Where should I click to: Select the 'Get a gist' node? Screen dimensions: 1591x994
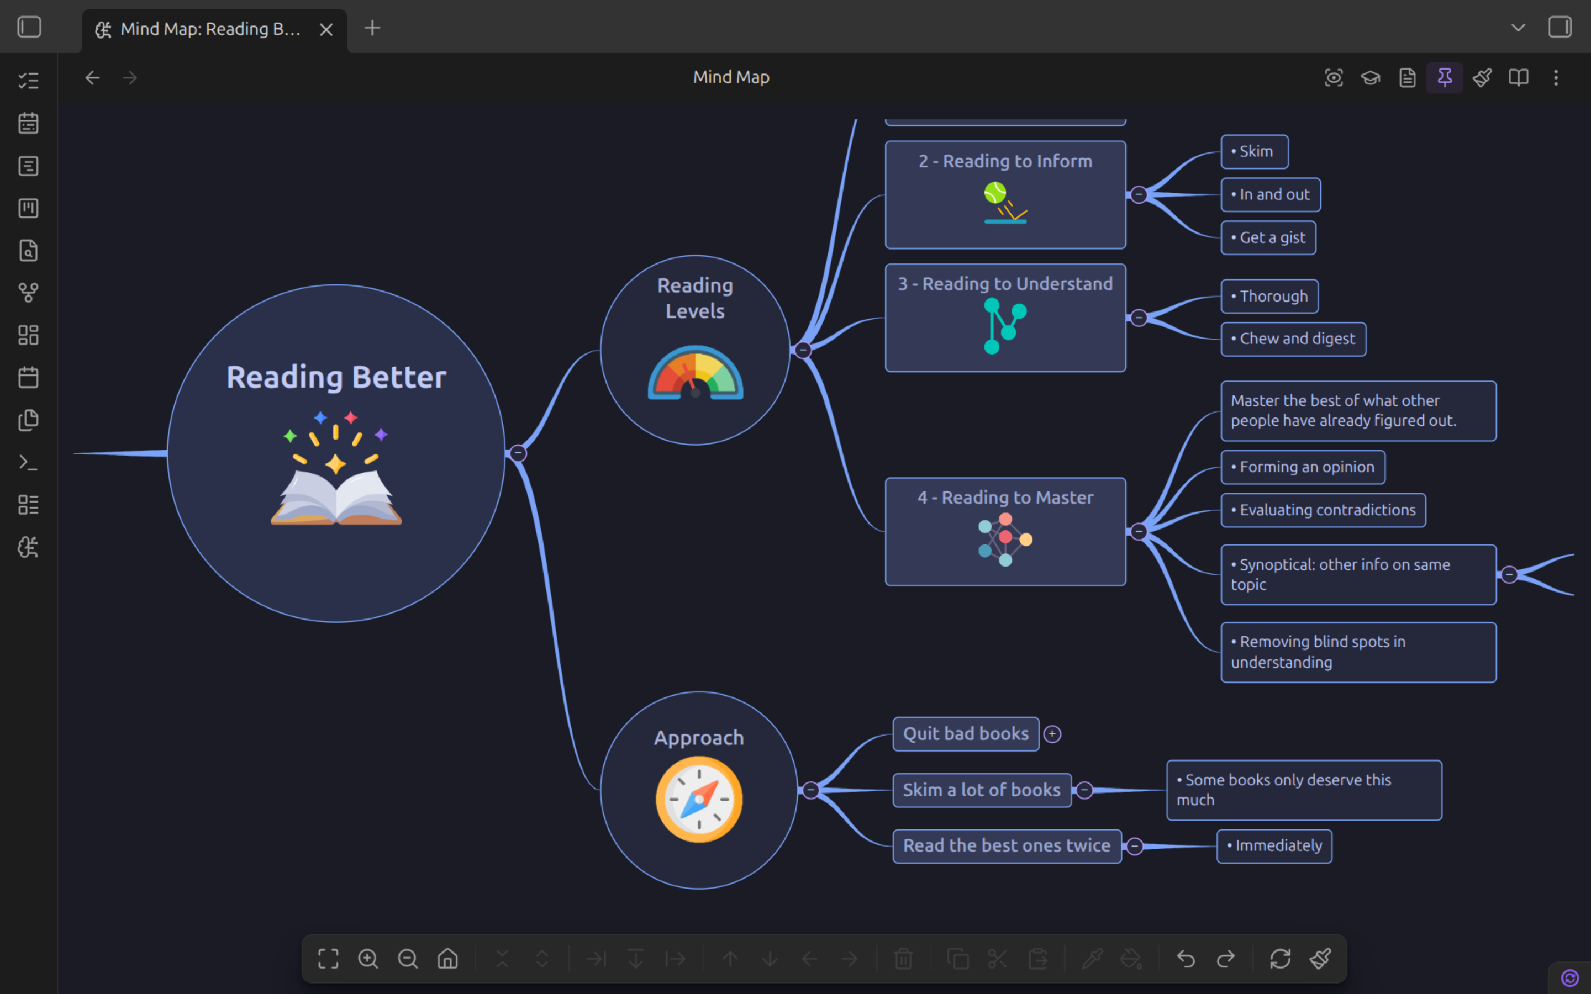click(x=1268, y=238)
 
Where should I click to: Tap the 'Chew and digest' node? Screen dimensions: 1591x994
click(x=1293, y=339)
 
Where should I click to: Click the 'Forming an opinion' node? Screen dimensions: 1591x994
click(x=1303, y=467)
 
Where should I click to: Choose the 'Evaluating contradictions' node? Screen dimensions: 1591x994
click(x=1324, y=510)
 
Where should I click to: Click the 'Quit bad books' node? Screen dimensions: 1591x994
click(x=966, y=734)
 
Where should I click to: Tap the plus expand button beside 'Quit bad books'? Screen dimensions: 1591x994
click(x=1052, y=734)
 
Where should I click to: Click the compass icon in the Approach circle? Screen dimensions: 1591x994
click(x=699, y=800)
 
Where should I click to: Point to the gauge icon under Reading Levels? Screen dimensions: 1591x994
click(x=696, y=372)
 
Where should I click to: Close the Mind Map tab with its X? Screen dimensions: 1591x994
click(x=326, y=30)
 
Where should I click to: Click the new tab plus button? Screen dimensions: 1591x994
click(x=372, y=28)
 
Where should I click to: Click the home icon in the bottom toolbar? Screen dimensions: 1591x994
click(x=447, y=959)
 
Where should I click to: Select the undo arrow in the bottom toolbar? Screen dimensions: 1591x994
click(x=1186, y=959)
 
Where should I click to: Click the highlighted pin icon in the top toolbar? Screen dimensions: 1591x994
click(x=1445, y=77)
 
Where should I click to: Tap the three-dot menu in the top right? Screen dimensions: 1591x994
click(x=1556, y=77)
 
